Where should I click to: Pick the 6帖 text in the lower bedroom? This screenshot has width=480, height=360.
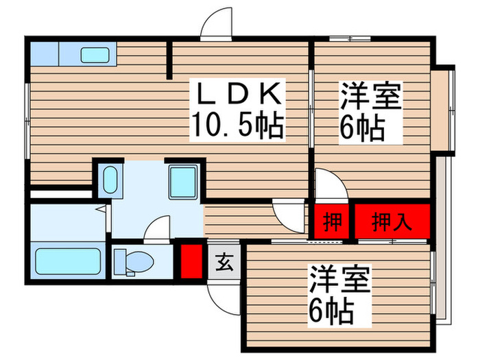331,312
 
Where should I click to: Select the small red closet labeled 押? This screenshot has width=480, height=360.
333,222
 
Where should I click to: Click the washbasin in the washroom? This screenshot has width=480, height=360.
110,180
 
